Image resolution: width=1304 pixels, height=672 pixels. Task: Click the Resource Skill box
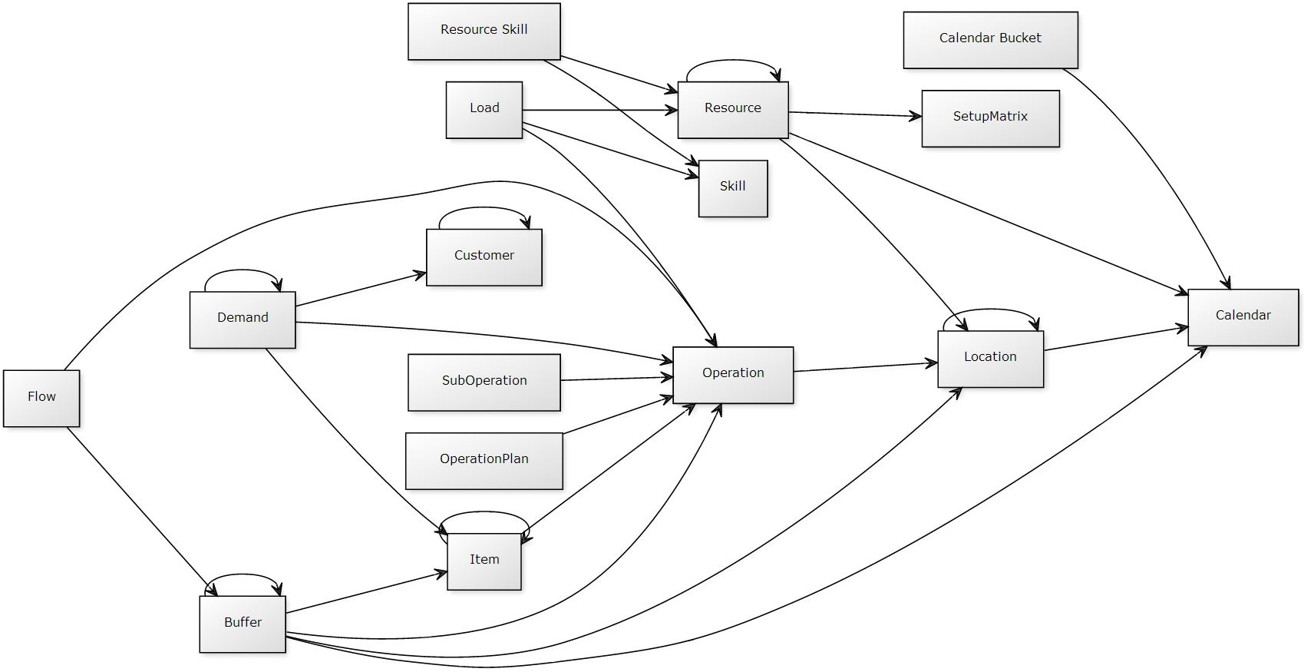tap(484, 31)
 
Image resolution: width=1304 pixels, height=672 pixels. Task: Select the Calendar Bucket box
tap(990, 39)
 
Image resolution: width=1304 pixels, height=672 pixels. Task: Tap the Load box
tap(484, 109)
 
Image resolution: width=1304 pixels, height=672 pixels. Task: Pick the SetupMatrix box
tap(990, 118)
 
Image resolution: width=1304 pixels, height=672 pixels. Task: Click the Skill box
tap(733, 187)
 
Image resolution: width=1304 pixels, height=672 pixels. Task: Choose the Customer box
tap(484, 257)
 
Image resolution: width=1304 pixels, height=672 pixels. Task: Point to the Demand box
tap(243, 319)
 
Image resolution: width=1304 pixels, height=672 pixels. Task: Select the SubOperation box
tap(484, 382)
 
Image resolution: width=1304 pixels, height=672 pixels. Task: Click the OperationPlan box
tap(484, 460)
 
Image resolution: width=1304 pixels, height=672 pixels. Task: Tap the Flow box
tap(41, 398)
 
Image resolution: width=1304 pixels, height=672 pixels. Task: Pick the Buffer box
tap(243, 624)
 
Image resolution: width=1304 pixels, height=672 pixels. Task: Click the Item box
tap(484, 561)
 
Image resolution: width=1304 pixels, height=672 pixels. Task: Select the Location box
tap(990, 358)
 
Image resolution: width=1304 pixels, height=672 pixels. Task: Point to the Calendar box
tap(1243, 316)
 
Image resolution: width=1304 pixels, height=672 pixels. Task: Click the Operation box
tap(733, 374)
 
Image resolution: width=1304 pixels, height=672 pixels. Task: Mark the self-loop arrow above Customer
tap(484, 207)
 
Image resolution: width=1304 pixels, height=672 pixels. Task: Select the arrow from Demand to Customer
tap(361, 290)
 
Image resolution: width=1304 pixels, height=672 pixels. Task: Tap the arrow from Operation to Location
tap(865, 367)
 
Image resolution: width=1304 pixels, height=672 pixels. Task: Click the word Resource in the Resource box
tap(733, 108)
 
